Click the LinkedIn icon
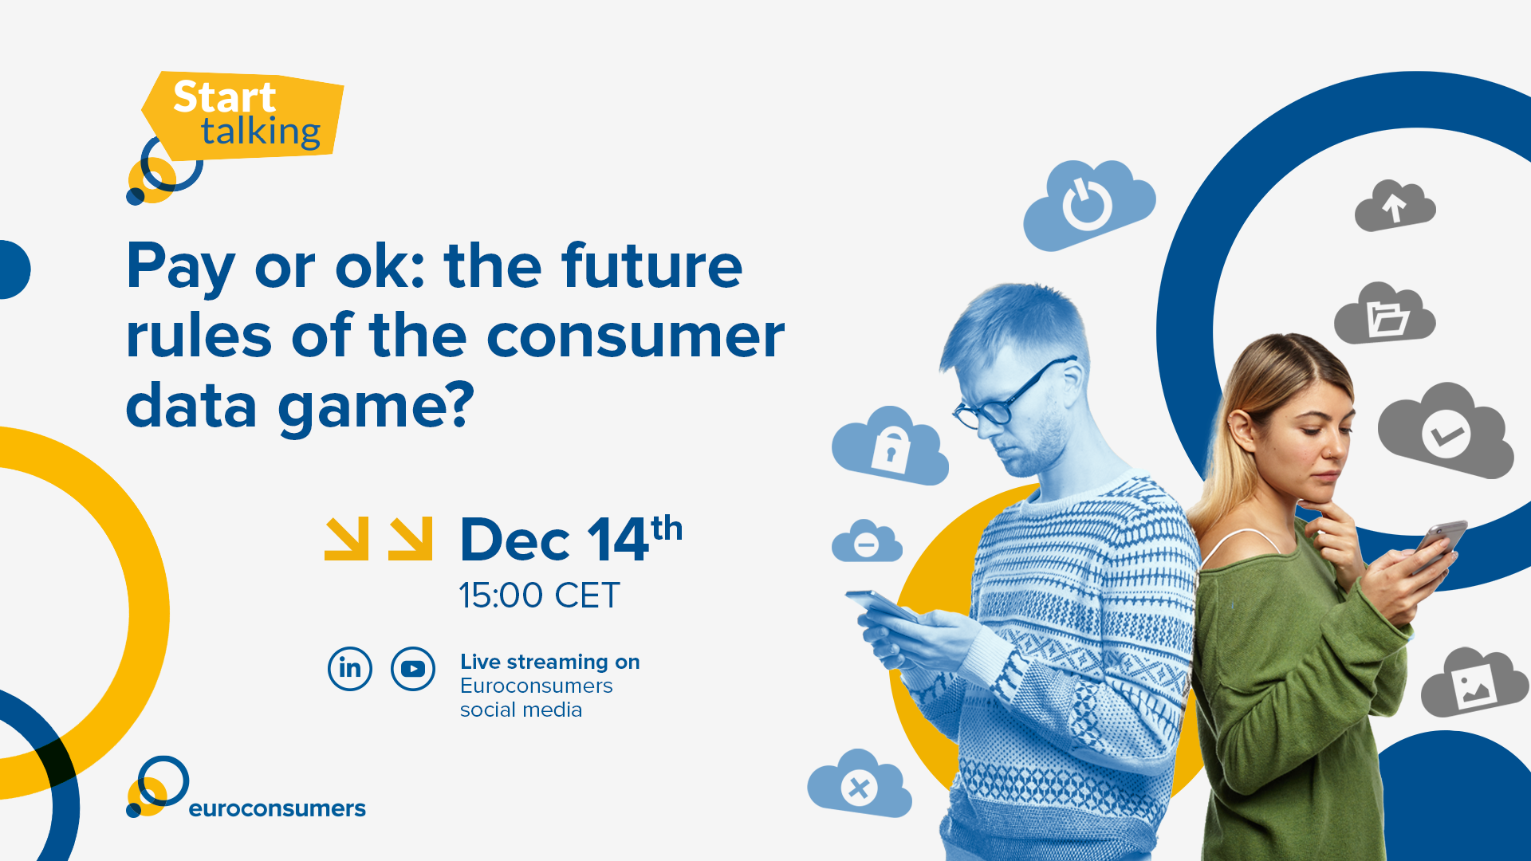tap(350, 668)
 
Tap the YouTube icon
tap(413, 668)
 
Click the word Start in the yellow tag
tap(225, 97)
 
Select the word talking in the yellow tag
tap(261, 132)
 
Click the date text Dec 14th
tap(571, 540)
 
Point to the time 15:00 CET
tap(539, 596)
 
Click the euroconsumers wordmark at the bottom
tap(277, 808)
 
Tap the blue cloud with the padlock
tap(890, 446)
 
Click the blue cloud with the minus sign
tap(867, 542)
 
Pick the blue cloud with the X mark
tap(860, 784)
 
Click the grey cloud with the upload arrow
tap(1395, 206)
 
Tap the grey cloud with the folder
tap(1385, 314)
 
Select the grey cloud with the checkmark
tap(1446, 431)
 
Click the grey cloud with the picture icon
tap(1474, 683)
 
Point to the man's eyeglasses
tap(1014, 395)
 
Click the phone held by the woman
tap(1439, 546)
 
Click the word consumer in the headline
tap(636, 336)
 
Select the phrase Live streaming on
tap(550, 662)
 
